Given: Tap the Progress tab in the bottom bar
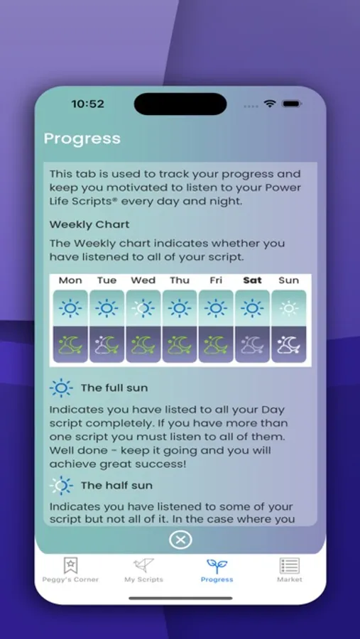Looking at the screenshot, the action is point(217,571).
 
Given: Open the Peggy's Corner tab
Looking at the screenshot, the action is point(70,571).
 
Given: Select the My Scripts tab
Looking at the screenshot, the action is point(143,571).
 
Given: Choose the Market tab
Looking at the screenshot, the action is point(290,571).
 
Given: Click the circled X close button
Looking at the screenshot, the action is point(180,540).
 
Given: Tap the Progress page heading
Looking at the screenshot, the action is point(82,138).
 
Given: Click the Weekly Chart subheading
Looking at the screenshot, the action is point(89,224).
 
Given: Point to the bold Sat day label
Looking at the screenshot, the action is point(252,280).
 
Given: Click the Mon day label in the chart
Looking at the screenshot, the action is point(70,280).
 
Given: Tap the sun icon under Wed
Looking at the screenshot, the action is point(143,309).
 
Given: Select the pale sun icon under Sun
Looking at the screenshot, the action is point(289,309).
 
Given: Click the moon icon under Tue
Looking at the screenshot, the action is point(107,345).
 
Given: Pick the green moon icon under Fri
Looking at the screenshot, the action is point(216,345).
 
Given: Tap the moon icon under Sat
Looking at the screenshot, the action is point(252,345).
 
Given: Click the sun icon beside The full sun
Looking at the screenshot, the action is point(61,388).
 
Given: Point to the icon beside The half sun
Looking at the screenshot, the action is point(61,486).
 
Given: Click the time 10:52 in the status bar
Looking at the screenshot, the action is point(87,104).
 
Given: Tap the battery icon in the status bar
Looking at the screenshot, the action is point(292,104).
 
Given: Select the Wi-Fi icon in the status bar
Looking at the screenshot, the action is point(270,104).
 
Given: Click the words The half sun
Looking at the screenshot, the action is point(116,486).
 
